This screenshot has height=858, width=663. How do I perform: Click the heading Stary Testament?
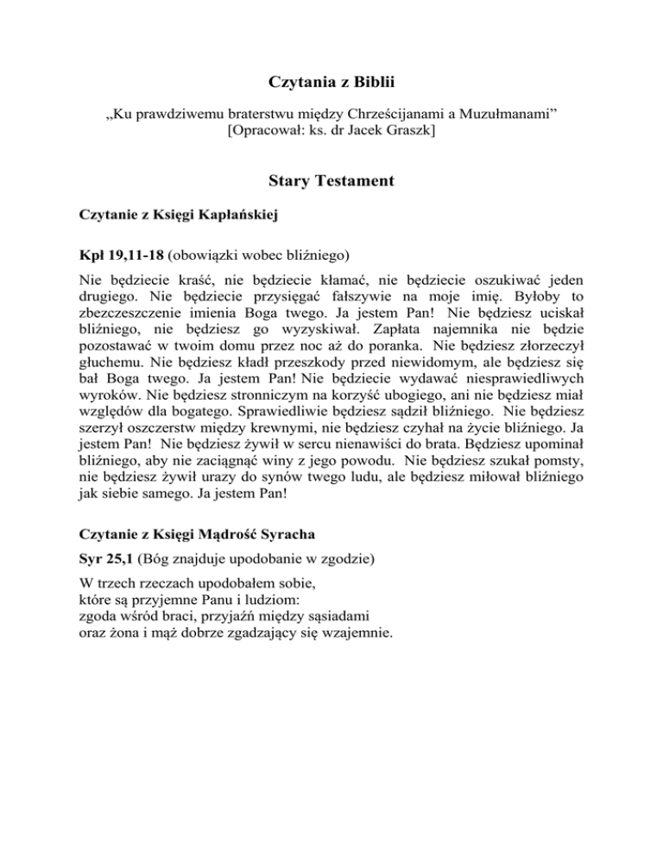tap(331, 182)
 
